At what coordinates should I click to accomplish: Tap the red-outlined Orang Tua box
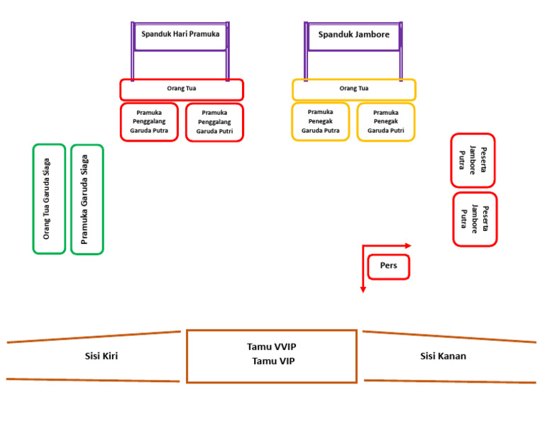182,89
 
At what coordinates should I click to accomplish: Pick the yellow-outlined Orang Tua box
354,89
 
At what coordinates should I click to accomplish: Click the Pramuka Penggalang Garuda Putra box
149,122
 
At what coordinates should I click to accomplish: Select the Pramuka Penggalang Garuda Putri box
214,122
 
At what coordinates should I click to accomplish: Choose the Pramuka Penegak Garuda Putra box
320,121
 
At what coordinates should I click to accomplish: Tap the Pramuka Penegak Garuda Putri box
386,121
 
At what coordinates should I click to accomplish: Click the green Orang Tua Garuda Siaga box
49,198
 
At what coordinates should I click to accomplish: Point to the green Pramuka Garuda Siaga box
87,199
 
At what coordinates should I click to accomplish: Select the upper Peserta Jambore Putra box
473,160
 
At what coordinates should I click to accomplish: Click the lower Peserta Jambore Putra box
475,219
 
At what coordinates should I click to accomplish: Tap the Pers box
388,266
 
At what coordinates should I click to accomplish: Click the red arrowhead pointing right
407,245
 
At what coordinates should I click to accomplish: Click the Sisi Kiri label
101,356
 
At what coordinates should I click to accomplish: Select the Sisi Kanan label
443,356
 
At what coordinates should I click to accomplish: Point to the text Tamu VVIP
272,347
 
